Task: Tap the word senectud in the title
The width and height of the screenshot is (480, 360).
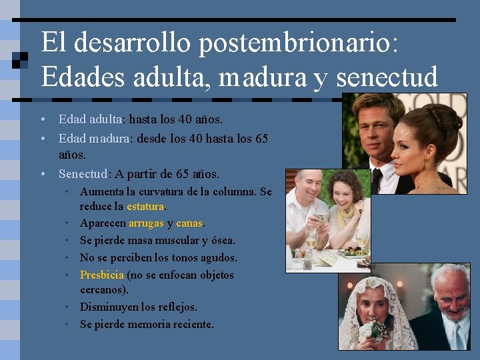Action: (387, 77)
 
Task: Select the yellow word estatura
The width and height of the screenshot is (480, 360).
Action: (146, 207)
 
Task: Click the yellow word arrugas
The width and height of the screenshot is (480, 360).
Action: (146, 223)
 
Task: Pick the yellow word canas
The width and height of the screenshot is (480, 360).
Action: (189, 223)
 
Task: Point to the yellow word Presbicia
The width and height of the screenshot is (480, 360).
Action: (102, 275)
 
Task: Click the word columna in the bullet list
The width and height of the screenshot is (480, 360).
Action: (231, 192)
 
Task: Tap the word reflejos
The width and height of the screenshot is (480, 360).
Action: (175, 307)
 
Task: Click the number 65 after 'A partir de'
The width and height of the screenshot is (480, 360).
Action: (183, 175)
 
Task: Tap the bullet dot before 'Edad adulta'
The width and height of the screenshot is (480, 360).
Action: (43, 120)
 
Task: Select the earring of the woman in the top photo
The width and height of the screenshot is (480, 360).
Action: (427, 163)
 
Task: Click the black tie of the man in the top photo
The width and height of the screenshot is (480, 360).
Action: (377, 180)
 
